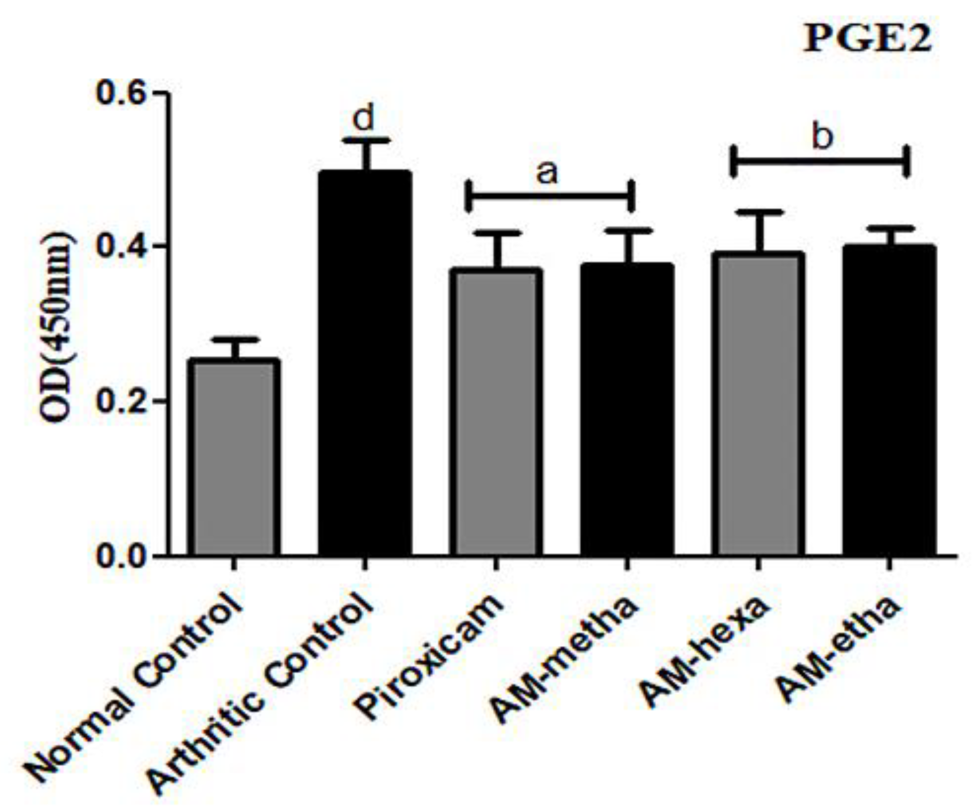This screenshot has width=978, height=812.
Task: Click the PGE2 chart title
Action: click(x=868, y=39)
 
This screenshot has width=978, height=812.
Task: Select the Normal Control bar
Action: click(x=234, y=459)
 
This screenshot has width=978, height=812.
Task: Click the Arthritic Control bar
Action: click(x=365, y=365)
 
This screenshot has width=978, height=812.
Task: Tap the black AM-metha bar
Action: click(x=627, y=409)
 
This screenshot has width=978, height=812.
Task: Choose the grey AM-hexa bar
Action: click(x=758, y=404)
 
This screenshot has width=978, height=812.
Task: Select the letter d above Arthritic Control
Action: click(x=364, y=117)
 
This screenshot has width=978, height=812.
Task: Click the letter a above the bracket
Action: click(x=547, y=173)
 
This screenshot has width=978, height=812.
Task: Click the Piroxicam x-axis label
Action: click(x=429, y=658)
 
